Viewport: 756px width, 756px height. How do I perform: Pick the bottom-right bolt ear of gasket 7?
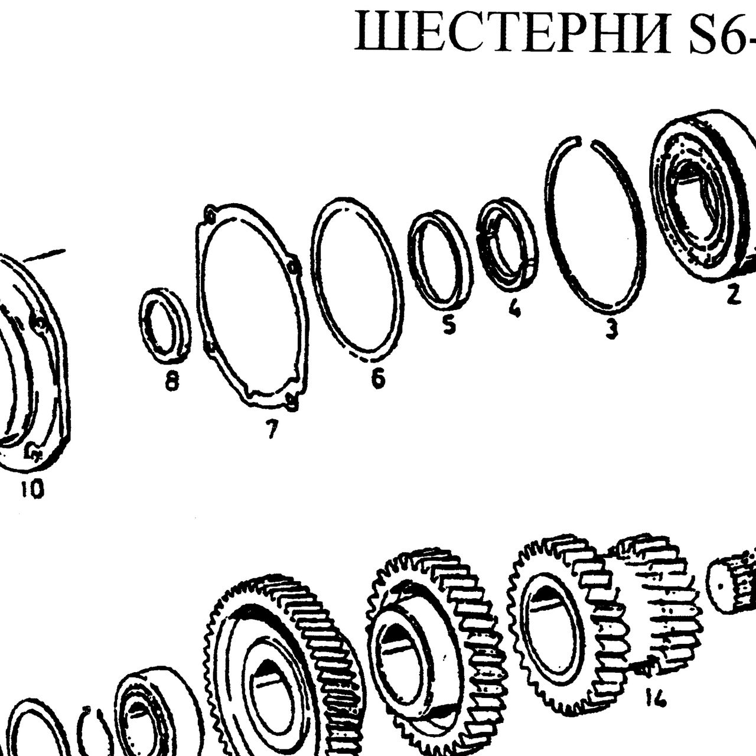(292, 401)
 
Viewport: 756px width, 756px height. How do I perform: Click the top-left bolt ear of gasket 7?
(210, 214)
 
